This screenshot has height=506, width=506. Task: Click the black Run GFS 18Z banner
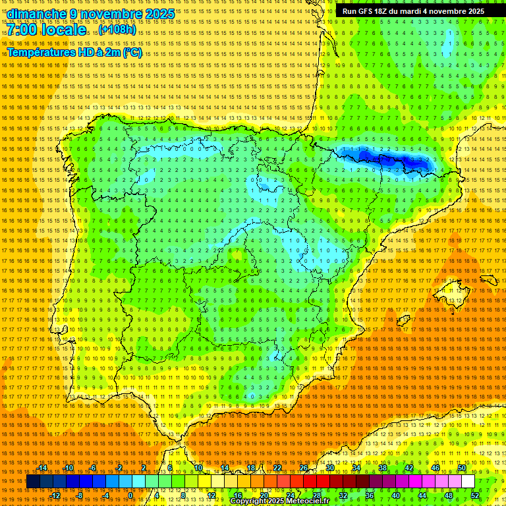coord(413,11)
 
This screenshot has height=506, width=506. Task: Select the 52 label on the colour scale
coord(475,495)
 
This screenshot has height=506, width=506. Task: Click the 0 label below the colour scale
coord(130,495)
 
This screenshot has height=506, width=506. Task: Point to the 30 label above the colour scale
coord(329,468)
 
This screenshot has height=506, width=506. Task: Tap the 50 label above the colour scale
coord(462,468)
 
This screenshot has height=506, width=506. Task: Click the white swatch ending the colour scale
coord(468,482)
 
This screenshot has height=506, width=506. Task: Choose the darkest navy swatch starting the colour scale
coord(32,482)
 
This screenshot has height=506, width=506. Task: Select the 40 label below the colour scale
coord(395,495)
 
